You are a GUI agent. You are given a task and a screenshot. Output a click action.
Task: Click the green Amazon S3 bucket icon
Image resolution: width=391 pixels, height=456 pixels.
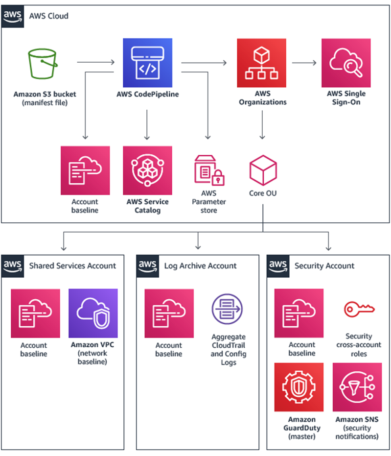pos(43,65)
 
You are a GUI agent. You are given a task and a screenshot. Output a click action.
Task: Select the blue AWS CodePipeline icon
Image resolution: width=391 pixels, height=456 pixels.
pos(147,63)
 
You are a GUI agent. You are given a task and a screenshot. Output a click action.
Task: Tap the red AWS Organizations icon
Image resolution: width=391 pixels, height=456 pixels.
pos(261,63)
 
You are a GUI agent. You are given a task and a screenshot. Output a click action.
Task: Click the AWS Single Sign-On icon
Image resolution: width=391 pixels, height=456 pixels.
pos(345,63)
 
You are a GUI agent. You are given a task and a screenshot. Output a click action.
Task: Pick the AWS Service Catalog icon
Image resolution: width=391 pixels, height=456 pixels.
pos(147,170)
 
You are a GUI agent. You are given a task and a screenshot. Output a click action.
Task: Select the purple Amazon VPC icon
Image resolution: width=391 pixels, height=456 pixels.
pos(93,313)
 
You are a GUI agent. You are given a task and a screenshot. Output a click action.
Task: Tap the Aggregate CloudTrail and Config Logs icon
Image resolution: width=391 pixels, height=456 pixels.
pos(228,311)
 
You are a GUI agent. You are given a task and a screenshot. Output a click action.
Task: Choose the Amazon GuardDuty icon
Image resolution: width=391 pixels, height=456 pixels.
pos(299,387)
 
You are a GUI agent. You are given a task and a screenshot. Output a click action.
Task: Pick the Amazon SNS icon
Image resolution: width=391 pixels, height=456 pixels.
pos(357,387)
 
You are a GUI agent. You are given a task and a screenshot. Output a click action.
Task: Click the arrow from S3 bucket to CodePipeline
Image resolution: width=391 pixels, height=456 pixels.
pos(95,63)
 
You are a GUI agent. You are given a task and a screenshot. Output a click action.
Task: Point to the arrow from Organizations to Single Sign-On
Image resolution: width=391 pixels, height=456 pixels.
pos(303,63)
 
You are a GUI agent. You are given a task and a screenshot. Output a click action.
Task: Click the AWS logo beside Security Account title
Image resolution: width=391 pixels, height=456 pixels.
pos(278,265)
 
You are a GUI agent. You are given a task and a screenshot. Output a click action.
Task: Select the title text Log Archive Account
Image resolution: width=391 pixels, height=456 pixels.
pos(200,266)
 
